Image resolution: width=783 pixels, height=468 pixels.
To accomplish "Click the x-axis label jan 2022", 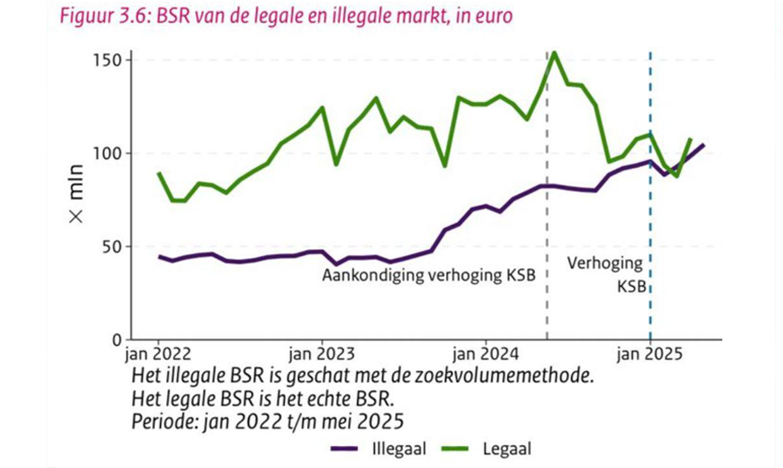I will tap(158, 355).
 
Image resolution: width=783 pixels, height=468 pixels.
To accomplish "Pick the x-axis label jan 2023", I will tap(321, 355).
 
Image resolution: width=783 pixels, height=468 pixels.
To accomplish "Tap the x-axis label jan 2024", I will tap(486, 355).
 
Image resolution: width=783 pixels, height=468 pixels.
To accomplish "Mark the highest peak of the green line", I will tap(553, 53).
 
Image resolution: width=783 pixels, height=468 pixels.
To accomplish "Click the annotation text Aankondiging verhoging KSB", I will tap(428, 275).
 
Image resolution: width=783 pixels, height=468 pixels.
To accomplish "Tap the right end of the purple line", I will tap(703, 145).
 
